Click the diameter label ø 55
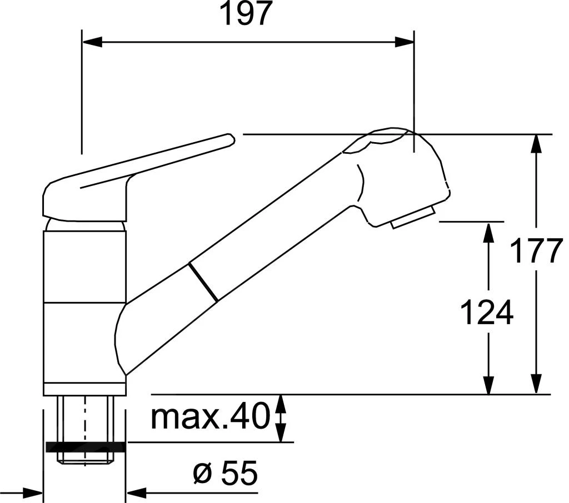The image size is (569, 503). pos(225,474)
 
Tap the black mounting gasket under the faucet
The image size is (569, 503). pos(86,447)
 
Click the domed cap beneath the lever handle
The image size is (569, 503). pos(85,224)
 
